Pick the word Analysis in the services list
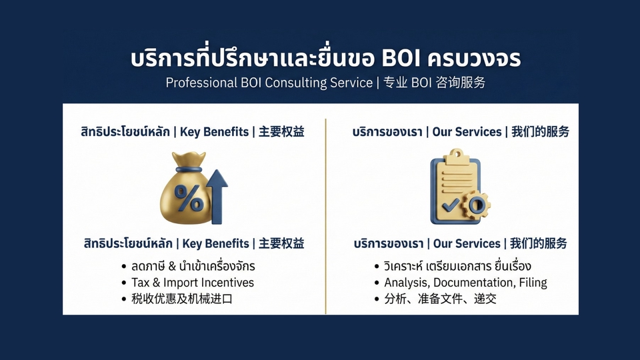[x=406, y=283]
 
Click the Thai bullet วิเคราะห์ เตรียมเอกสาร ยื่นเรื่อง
[x=457, y=267]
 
